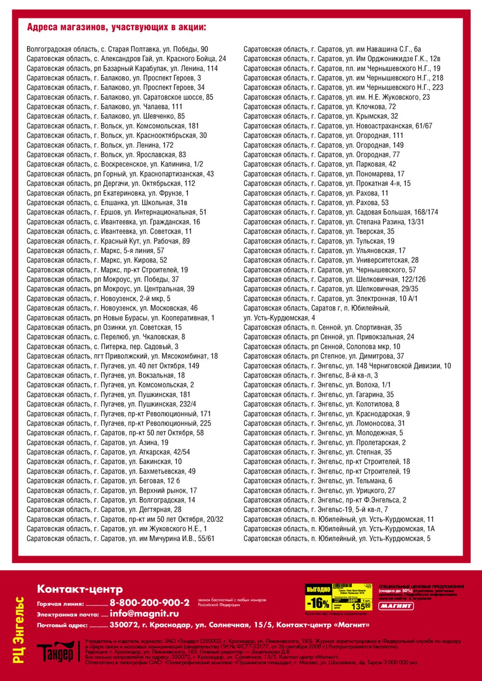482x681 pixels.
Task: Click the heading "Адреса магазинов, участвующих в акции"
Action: pyautogui.click(x=117, y=27)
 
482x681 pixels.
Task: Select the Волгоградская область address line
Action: pyautogui.click(x=118, y=49)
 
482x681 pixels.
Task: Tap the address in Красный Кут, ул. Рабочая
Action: pyautogui.click(x=108, y=241)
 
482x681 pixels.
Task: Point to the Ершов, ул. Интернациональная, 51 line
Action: pyautogui.click(x=117, y=212)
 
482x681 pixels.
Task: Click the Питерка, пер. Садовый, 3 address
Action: pyautogui.click(x=102, y=347)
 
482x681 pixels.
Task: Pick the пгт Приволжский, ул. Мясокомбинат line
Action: pyautogui.click(x=122, y=356)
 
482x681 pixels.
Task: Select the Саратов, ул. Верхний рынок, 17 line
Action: pyautogui.click(x=112, y=490)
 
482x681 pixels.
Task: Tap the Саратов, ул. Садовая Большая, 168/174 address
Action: pyautogui.click(x=341, y=212)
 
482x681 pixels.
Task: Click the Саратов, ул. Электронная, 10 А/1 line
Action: pyautogui.click(x=331, y=298)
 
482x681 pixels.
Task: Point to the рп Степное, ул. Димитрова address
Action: pyautogui.click(x=324, y=356)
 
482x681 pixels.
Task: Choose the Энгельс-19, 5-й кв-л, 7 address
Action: pyautogui.click(x=316, y=510)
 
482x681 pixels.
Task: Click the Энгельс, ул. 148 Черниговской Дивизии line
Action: pyautogui.click(x=347, y=366)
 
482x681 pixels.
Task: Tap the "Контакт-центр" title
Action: pyautogui.click(x=80, y=589)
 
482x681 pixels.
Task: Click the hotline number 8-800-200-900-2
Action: pyautogui.click(x=149, y=603)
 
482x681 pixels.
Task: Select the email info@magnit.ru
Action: pyautogui.click(x=144, y=614)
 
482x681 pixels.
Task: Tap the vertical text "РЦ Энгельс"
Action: pyautogui.click(x=19, y=630)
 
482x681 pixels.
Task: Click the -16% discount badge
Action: pyautogui.click(x=318, y=603)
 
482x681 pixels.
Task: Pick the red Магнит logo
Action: pyautogui.click(x=396, y=606)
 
